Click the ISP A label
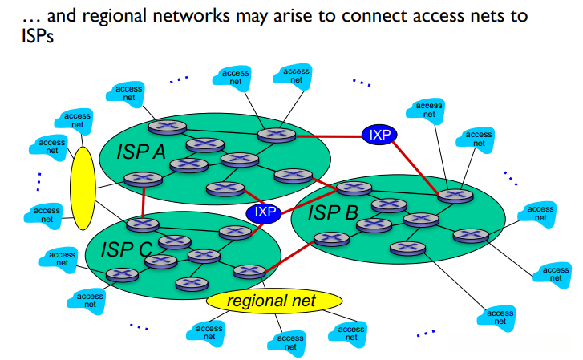[141, 152]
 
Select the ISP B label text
[333, 212]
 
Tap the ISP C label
[127, 249]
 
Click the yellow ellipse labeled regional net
[274, 301]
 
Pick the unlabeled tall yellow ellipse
[83, 188]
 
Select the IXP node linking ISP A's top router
[379, 135]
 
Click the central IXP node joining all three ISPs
[264, 213]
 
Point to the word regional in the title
[115, 15]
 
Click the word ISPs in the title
[38, 36]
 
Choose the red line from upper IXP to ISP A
[329, 136]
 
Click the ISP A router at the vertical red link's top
[144, 180]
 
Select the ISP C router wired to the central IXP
[235, 233]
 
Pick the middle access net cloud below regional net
[287, 343]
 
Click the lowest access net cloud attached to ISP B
[497, 318]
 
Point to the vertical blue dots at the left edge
[38, 182]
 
